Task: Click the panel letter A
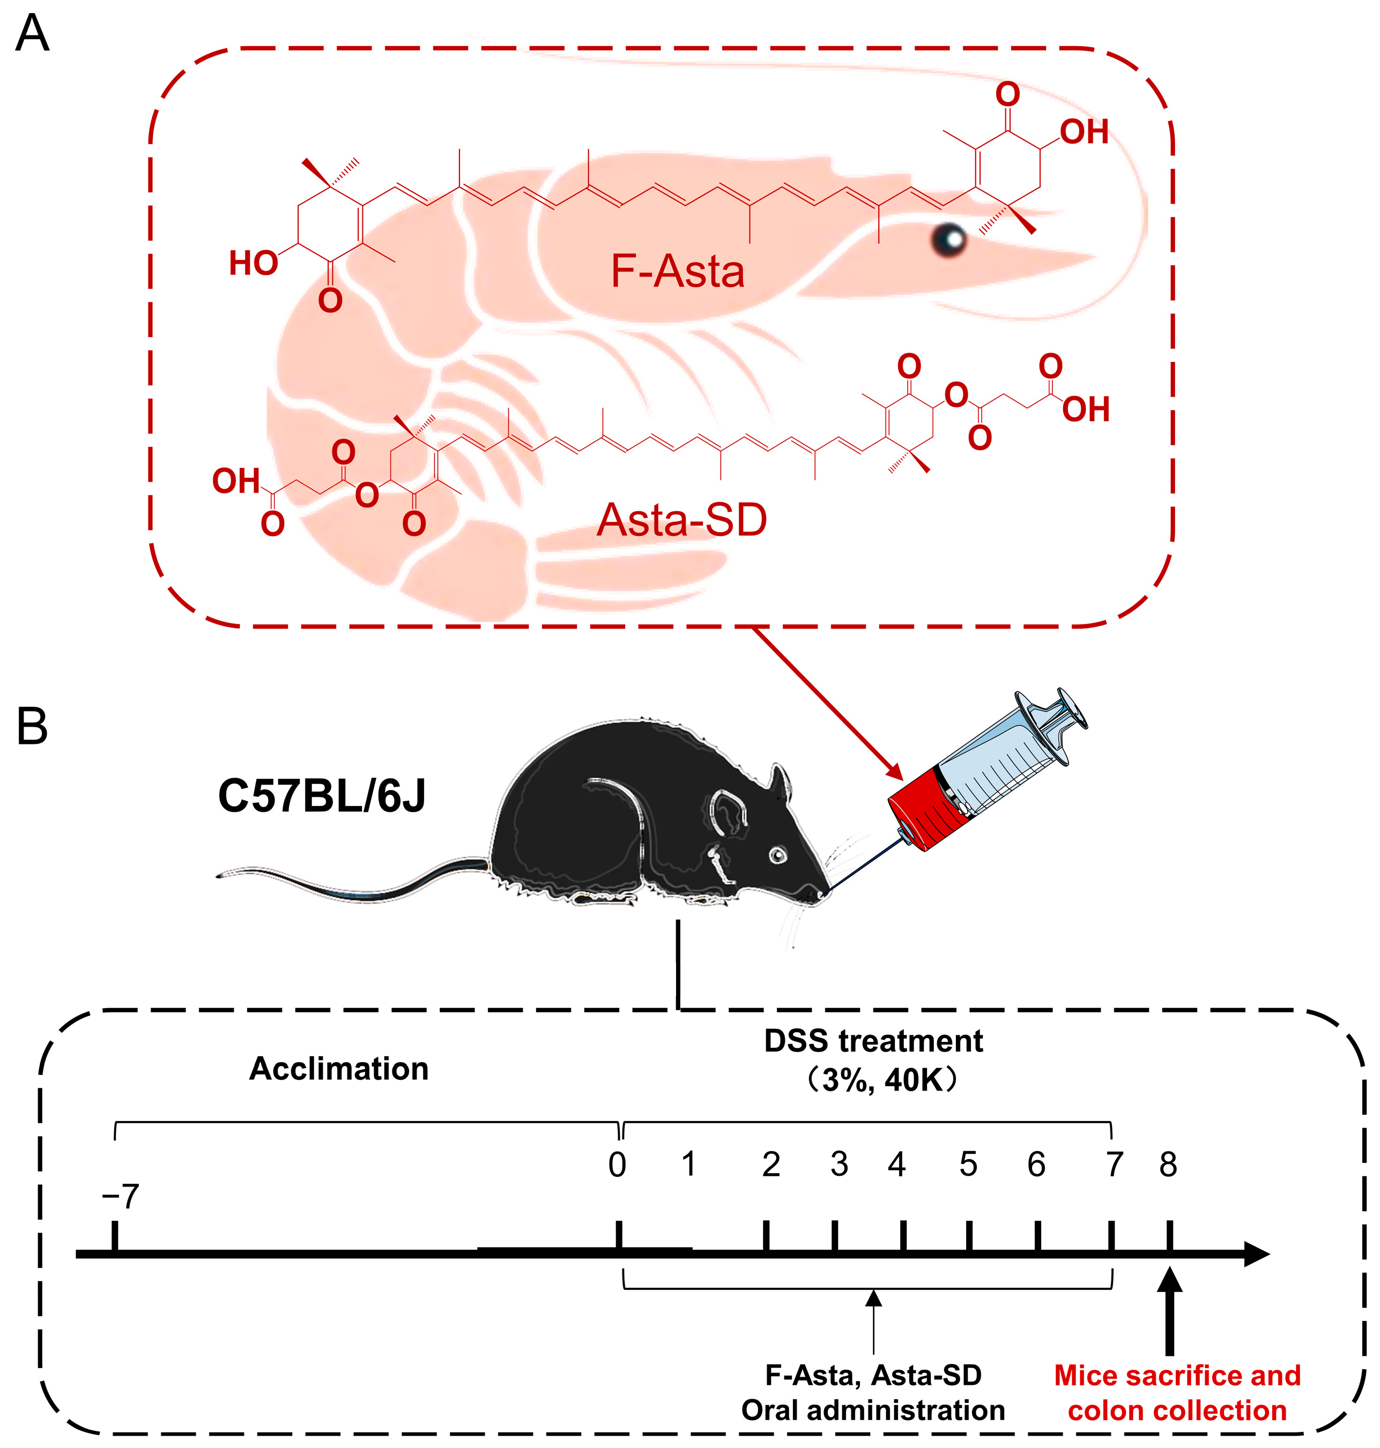coord(32,34)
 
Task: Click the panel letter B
coord(32,727)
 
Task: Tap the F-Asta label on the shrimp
coord(678,271)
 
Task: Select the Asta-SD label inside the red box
coord(682,520)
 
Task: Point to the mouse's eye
coord(777,855)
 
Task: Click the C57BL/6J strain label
coord(322,796)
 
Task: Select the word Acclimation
coord(339,1069)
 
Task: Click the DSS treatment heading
coord(873,1041)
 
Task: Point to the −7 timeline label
coord(120,1197)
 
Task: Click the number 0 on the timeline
coord(617,1165)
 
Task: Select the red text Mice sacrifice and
coord(1178,1375)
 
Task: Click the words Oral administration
coord(873,1410)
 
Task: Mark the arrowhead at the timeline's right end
coord(1256,1253)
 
